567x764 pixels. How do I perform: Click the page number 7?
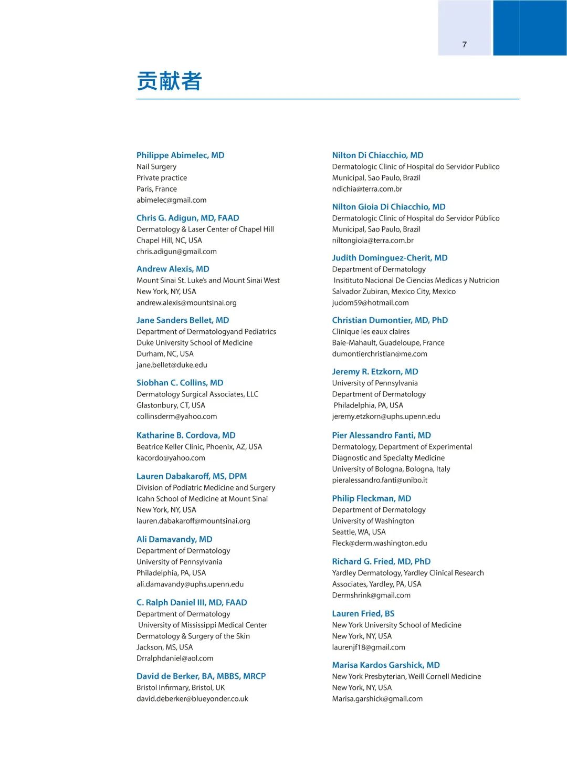click(x=464, y=45)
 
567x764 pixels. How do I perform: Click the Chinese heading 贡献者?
click(x=169, y=81)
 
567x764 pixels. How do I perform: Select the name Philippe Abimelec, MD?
click(x=180, y=155)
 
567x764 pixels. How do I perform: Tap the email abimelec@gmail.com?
click(x=171, y=200)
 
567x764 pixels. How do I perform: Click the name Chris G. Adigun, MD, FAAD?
click(x=187, y=218)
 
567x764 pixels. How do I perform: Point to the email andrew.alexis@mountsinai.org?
click(x=186, y=303)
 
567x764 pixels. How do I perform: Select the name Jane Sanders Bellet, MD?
click(x=183, y=320)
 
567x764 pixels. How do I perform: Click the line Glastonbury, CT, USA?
click(x=171, y=405)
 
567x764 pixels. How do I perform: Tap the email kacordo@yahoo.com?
click(x=171, y=458)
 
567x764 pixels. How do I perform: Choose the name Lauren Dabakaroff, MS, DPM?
click(x=192, y=476)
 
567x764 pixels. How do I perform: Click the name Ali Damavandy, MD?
click(x=174, y=539)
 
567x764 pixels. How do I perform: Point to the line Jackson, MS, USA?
click(x=164, y=647)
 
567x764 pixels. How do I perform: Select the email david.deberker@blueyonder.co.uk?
click(x=192, y=699)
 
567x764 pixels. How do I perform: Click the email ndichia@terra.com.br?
click(x=367, y=189)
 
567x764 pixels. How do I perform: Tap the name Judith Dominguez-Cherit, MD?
click(x=390, y=258)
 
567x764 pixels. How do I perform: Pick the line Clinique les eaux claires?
click(x=371, y=332)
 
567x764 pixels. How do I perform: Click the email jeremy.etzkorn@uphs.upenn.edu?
click(x=386, y=416)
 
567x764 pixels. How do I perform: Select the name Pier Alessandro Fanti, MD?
click(x=381, y=435)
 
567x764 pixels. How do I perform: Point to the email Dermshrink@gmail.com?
click(x=371, y=595)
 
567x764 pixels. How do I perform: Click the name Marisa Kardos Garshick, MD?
click(x=386, y=665)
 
